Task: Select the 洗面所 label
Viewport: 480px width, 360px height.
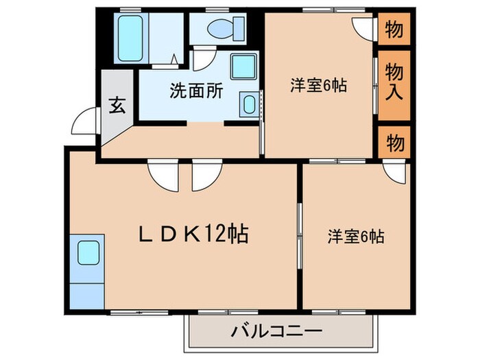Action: [x=196, y=91]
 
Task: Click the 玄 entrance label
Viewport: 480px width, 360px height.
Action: [x=118, y=107]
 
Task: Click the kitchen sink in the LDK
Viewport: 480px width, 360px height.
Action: [x=89, y=253]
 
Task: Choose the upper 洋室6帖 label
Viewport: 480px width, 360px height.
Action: [x=317, y=86]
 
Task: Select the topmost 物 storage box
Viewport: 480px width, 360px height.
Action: [x=394, y=29]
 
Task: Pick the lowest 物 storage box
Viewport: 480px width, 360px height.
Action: [x=394, y=143]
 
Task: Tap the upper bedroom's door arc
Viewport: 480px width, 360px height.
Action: [x=362, y=26]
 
